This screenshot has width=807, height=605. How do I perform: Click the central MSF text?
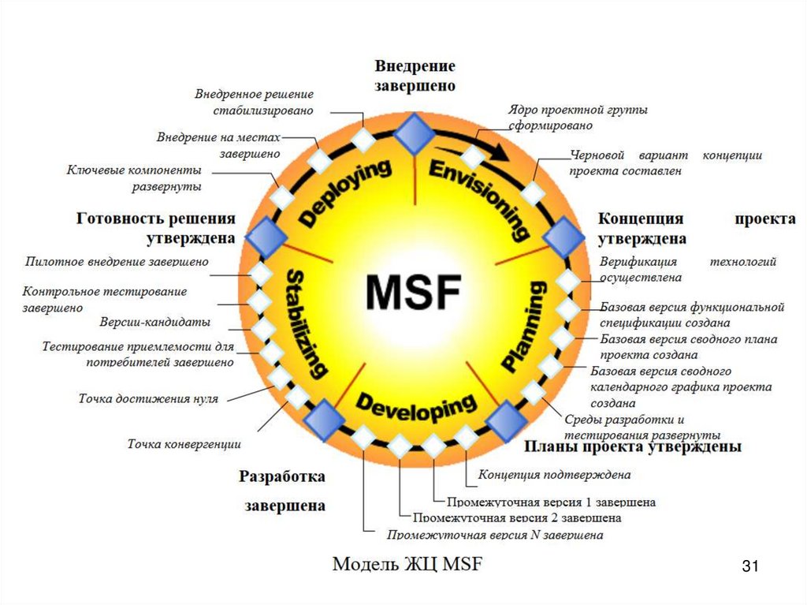(x=411, y=293)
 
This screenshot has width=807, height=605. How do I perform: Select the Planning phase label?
(x=525, y=327)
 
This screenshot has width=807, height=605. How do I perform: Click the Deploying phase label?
(x=345, y=193)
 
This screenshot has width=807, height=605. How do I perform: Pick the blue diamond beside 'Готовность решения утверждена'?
(x=265, y=235)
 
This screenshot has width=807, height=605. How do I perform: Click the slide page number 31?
(x=749, y=566)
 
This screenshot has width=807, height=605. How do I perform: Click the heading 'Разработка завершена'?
(x=282, y=491)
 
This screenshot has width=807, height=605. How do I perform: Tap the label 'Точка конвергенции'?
(x=184, y=444)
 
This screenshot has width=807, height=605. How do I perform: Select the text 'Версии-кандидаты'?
(x=155, y=322)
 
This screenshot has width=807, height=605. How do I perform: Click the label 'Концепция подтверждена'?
(x=555, y=475)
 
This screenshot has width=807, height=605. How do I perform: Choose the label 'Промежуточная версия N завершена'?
(x=495, y=535)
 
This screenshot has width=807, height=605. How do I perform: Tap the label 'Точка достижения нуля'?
(x=148, y=398)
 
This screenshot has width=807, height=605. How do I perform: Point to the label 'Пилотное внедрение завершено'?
(x=117, y=260)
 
